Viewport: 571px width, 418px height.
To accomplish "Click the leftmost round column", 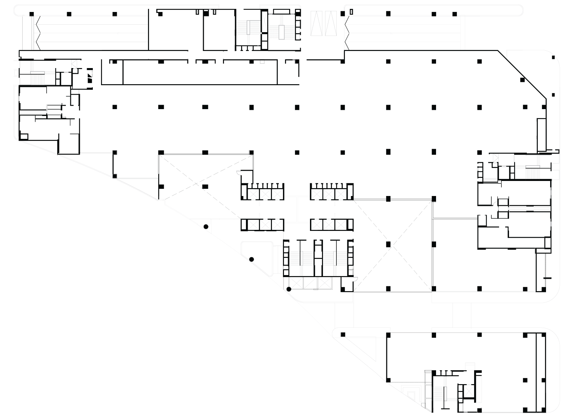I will tap(206, 226).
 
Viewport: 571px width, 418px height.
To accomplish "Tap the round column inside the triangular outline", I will tap(251, 259).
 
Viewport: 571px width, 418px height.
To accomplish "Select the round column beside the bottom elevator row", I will tap(289, 289).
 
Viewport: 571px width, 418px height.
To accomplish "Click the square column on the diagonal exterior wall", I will tap(522, 80).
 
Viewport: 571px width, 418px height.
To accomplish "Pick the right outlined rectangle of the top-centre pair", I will tap(329, 23).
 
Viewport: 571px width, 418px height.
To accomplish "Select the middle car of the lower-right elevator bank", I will tap(328, 225).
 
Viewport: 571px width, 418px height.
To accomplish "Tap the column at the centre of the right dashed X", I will tap(388, 244).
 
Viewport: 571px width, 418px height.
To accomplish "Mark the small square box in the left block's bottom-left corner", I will tap(24, 137).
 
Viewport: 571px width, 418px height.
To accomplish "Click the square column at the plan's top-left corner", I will tap(32, 14).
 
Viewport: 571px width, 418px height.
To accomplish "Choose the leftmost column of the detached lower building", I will tap(343, 335).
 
